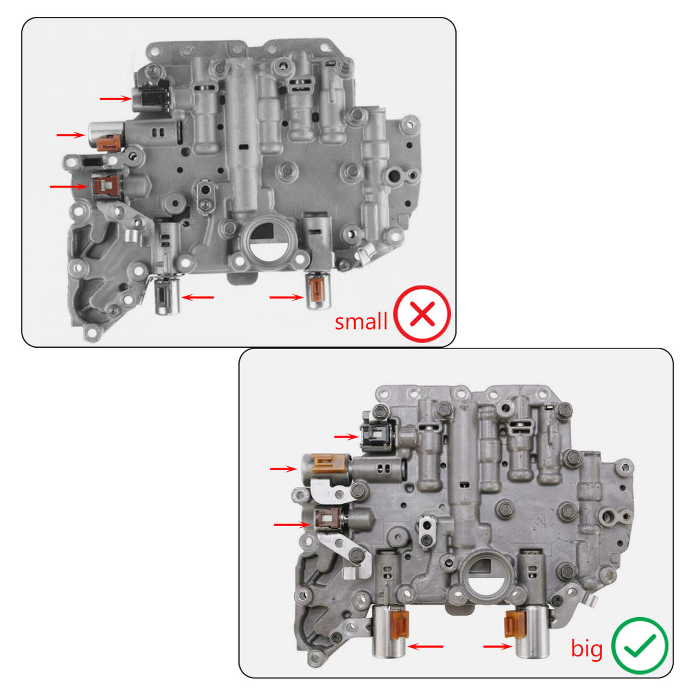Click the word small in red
361,321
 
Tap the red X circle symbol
422,314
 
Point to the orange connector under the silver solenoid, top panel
111,142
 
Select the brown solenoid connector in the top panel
105,184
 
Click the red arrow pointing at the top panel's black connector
116,98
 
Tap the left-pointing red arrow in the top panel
198,297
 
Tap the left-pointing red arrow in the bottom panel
426,646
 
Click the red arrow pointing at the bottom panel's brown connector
292,525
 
